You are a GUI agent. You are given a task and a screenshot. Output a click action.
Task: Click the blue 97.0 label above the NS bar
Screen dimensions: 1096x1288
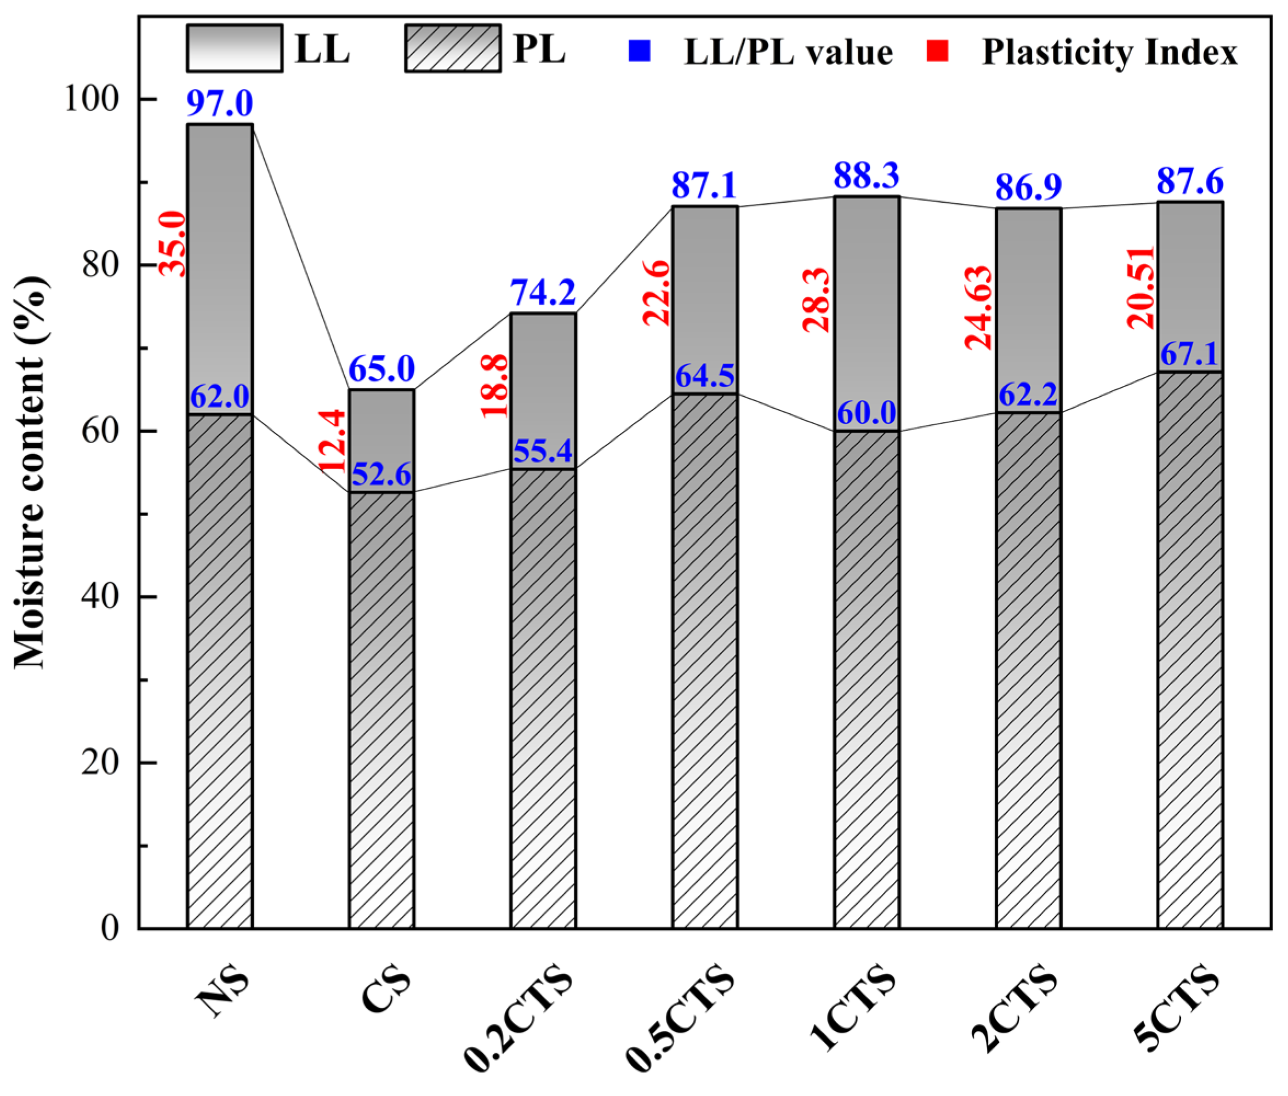(x=219, y=104)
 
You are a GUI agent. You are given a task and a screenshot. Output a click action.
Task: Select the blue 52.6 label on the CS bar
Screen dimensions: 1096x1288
(x=381, y=475)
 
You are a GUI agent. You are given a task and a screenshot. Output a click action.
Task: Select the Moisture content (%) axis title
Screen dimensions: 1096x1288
(x=30, y=472)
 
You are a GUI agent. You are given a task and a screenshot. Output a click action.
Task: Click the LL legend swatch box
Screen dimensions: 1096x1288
(x=234, y=48)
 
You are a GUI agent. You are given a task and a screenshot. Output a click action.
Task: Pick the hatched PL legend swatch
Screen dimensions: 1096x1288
(x=452, y=48)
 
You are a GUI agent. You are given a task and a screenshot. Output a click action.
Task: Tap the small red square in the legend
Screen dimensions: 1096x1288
(x=937, y=51)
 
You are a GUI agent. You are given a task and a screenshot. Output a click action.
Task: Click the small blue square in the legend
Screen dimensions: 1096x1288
(x=639, y=51)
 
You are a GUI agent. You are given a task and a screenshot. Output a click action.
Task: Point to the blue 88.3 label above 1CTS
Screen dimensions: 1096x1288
(x=866, y=176)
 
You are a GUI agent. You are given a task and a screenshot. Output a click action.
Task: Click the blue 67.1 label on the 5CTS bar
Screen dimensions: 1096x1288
(x=1189, y=355)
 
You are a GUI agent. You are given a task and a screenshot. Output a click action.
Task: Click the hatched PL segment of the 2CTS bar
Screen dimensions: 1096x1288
(x=1028, y=671)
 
